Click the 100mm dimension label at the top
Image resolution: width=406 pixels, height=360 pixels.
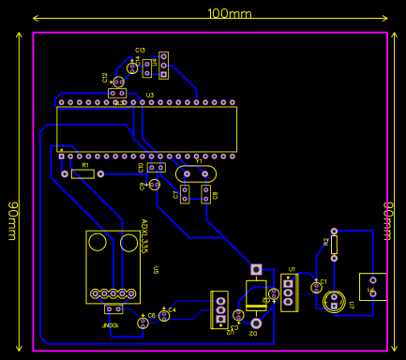pos(229,13)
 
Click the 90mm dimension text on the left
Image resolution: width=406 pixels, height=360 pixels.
pos(13,220)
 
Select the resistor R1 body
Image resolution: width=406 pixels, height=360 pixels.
pos(83,173)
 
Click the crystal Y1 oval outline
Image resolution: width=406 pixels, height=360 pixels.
pos(194,173)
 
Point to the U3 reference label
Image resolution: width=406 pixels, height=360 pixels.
pos(149,96)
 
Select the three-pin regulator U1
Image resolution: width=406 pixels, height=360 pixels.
pos(289,292)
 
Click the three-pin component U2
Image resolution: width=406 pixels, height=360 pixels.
pos(219,310)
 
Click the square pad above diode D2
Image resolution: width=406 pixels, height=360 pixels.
pos(255,269)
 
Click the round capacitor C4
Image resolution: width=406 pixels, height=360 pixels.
pos(164,316)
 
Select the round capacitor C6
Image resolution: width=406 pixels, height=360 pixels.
pos(143,322)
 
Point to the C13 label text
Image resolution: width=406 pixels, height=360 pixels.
pos(140,50)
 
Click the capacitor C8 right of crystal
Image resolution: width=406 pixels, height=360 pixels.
pos(205,194)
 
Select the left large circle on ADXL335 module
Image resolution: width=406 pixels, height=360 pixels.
pos(98,244)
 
